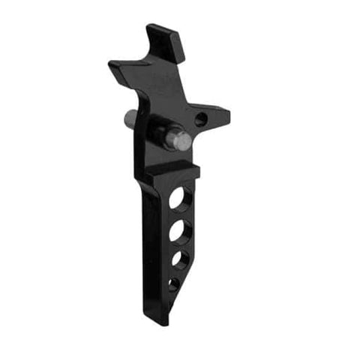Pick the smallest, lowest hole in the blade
tap(173, 283)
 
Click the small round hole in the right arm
tap(200, 118)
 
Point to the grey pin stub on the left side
tap(130, 118)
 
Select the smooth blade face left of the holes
tap(154, 240)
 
